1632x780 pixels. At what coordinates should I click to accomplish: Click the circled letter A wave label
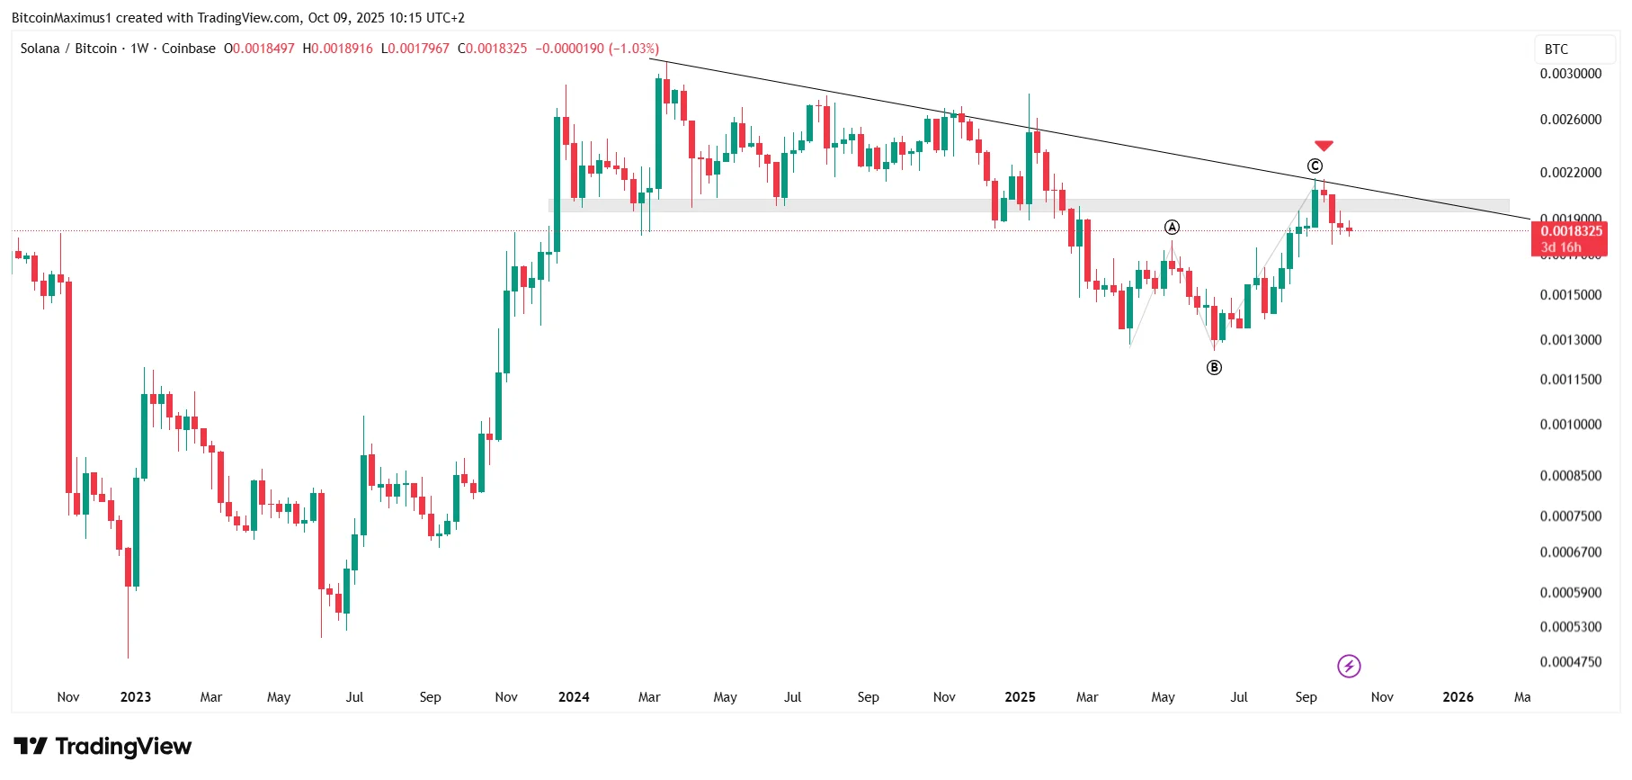pos(1172,228)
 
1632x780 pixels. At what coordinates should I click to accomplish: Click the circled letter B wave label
pos(1214,367)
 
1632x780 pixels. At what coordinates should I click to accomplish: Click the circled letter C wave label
pos(1315,166)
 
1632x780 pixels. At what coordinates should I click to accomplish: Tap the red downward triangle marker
pos(1324,146)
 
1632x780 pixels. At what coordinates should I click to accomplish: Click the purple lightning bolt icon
pos(1349,666)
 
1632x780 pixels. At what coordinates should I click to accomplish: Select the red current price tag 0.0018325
pos(1571,232)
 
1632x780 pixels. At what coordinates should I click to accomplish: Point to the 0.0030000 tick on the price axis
pos(1570,74)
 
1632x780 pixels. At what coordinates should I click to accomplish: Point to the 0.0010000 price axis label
pos(1570,425)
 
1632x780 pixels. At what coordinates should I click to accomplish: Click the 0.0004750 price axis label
pos(1570,662)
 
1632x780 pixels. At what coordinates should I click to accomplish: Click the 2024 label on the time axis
pos(574,697)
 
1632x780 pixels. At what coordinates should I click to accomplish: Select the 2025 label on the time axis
pos(1020,697)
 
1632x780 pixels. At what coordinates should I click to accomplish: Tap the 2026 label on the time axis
pos(1458,697)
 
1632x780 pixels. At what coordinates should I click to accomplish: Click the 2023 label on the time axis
pos(136,697)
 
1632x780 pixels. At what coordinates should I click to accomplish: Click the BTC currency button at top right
pos(1556,49)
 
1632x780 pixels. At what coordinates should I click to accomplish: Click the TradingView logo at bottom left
pos(103,747)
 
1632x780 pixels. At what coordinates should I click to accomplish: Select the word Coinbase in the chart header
pos(189,49)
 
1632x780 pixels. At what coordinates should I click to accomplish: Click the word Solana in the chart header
pos(40,49)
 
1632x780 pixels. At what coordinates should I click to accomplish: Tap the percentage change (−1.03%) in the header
pos(634,49)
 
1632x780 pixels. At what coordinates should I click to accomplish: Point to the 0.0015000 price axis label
pos(1570,295)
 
